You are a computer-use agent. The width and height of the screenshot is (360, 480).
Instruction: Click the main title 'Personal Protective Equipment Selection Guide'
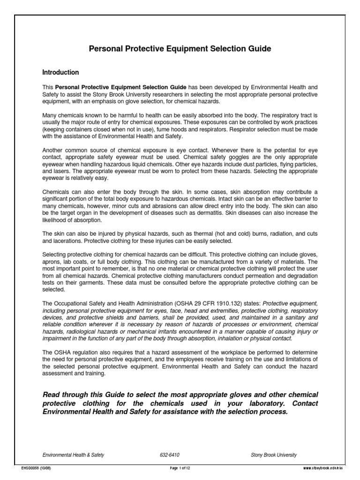(180, 49)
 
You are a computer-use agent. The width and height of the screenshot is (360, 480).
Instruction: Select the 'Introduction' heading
(60, 73)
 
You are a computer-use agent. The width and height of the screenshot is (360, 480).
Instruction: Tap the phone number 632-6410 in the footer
(170, 455)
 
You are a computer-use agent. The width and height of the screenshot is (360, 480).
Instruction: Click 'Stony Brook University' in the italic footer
(274, 455)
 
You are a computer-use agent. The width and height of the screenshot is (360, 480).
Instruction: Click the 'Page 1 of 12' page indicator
(180, 468)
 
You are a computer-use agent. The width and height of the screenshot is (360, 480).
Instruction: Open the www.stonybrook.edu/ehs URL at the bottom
(323, 468)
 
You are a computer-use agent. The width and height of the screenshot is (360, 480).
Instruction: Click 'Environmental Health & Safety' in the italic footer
(73, 455)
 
